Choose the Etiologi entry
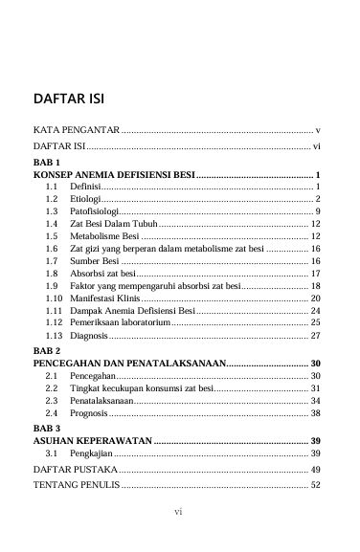(x=86, y=198)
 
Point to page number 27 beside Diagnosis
(x=315, y=336)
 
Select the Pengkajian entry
(x=91, y=452)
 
